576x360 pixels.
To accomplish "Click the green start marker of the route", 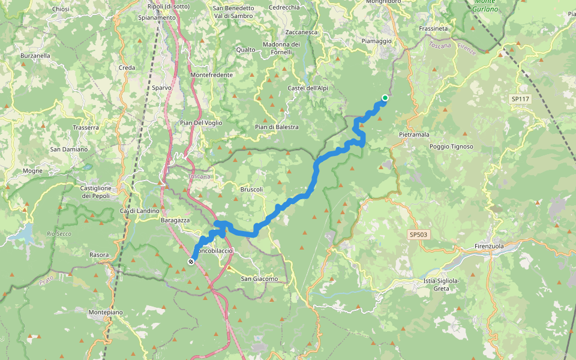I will [385, 98].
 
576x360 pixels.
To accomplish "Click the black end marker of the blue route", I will [191, 262].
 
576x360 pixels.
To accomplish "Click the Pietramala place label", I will [414, 135].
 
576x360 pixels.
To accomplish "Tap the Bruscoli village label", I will [252, 190].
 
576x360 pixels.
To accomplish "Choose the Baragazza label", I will [175, 221].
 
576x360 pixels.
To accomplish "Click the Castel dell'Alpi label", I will [308, 88].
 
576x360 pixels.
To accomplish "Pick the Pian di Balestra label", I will [277, 127].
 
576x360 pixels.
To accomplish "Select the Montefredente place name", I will [211, 74].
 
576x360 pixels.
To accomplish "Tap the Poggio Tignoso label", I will [451, 146].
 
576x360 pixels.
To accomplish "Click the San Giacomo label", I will [259, 278].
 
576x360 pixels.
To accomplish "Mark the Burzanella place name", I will [35, 55].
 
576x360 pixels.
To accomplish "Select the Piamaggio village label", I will [376, 41].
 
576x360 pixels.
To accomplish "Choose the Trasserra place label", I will [85, 128].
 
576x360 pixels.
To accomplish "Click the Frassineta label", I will [434, 28].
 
